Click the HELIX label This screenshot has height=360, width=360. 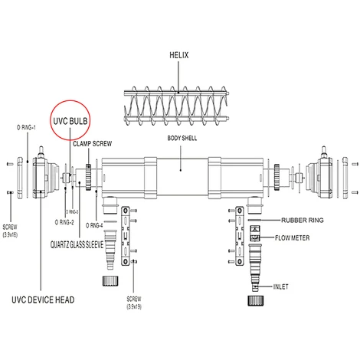pos(179,55)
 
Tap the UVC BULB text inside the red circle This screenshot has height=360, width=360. pos(70,121)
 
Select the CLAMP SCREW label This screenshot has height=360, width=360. pos(93,144)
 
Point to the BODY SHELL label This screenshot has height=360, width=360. pos(182,138)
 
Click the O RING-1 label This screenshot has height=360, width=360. pos(26,127)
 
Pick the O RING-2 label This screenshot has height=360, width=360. pos(64,222)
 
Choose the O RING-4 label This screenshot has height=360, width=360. pos(94,225)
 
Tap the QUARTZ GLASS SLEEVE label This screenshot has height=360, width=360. pos(77,244)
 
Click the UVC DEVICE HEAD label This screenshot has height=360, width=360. pos(43,299)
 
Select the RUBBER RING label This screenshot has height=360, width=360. pos(303,220)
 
